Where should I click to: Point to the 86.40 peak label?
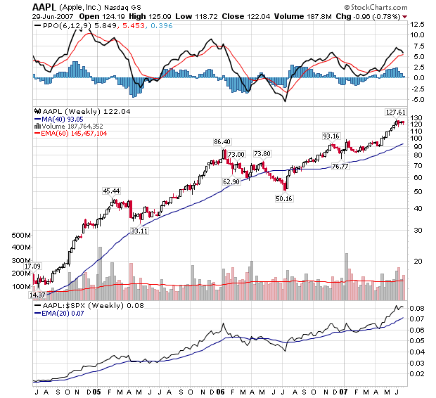coord(223,142)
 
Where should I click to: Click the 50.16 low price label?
coord(284,199)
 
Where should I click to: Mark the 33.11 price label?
coord(138,231)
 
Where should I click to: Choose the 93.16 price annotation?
coord(331,136)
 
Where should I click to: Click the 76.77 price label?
coord(340,166)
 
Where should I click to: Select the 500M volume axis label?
coord(22,235)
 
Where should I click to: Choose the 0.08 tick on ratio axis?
coord(417,308)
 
